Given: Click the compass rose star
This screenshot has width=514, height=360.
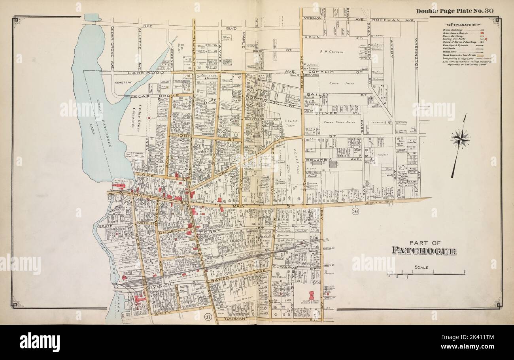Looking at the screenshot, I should pos(460,139).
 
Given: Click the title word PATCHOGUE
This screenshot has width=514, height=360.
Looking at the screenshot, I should pos(424,251).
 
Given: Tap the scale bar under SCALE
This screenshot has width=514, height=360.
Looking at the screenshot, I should pos(426,273).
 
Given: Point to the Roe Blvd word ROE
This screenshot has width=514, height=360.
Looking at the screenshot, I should pos(148,26).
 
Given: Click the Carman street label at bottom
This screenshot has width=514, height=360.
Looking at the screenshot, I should pos(236,318).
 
